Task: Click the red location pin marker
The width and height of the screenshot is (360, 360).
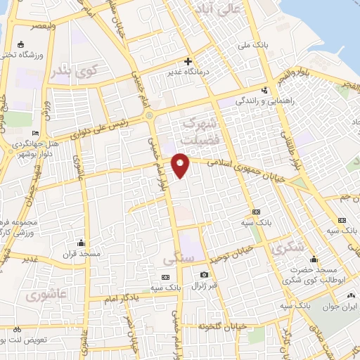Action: [x=181, y=165]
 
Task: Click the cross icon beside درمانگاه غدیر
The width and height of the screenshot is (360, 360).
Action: [x=188, y=61]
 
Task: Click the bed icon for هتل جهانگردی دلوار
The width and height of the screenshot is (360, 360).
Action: [x=36, y=134]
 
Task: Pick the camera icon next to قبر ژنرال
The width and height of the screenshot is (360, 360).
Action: [x=204, y=274]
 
